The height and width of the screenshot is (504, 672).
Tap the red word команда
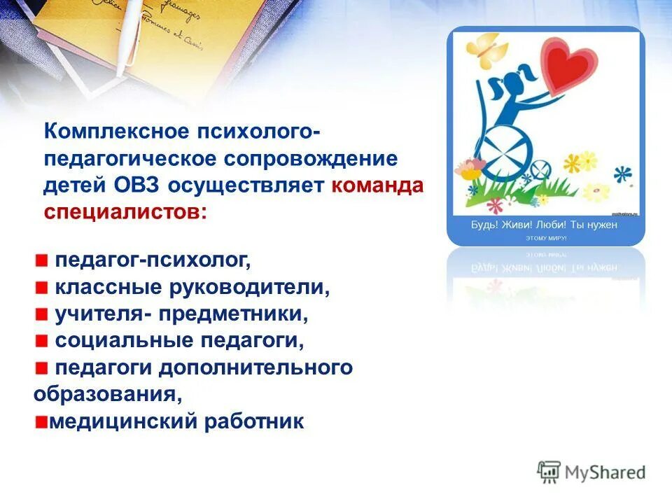[377, 185]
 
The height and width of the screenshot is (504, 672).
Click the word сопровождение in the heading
[311, 159]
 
